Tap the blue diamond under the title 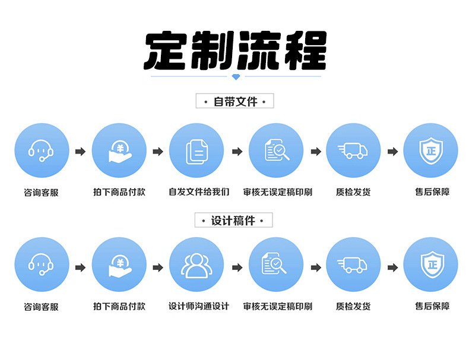pos(236,77)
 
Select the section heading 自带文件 pos(235,101)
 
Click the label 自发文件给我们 pos(198,192)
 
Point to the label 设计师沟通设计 pos(198,307)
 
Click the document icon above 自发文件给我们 pos(197,151)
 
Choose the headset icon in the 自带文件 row pos(41,151)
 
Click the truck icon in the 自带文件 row pos(353,151)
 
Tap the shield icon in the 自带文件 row pos(430,151)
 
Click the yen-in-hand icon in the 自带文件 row pos(119,152)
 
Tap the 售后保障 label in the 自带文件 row pos(432,192)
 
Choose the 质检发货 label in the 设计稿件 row pos(353,307)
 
